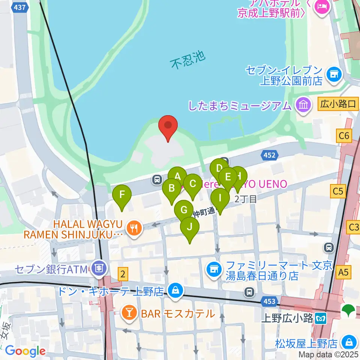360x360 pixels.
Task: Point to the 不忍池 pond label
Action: tap(188, 60)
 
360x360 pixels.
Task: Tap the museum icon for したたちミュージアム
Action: tap(302, 105)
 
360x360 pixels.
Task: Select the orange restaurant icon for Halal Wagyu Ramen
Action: tap(133, 229)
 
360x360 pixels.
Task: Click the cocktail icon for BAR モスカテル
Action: tap(129, 313)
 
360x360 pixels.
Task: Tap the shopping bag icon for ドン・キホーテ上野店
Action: tap(175, 291)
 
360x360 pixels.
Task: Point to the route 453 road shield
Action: tap(269, 301)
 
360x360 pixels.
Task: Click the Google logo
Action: tap(25, 351)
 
